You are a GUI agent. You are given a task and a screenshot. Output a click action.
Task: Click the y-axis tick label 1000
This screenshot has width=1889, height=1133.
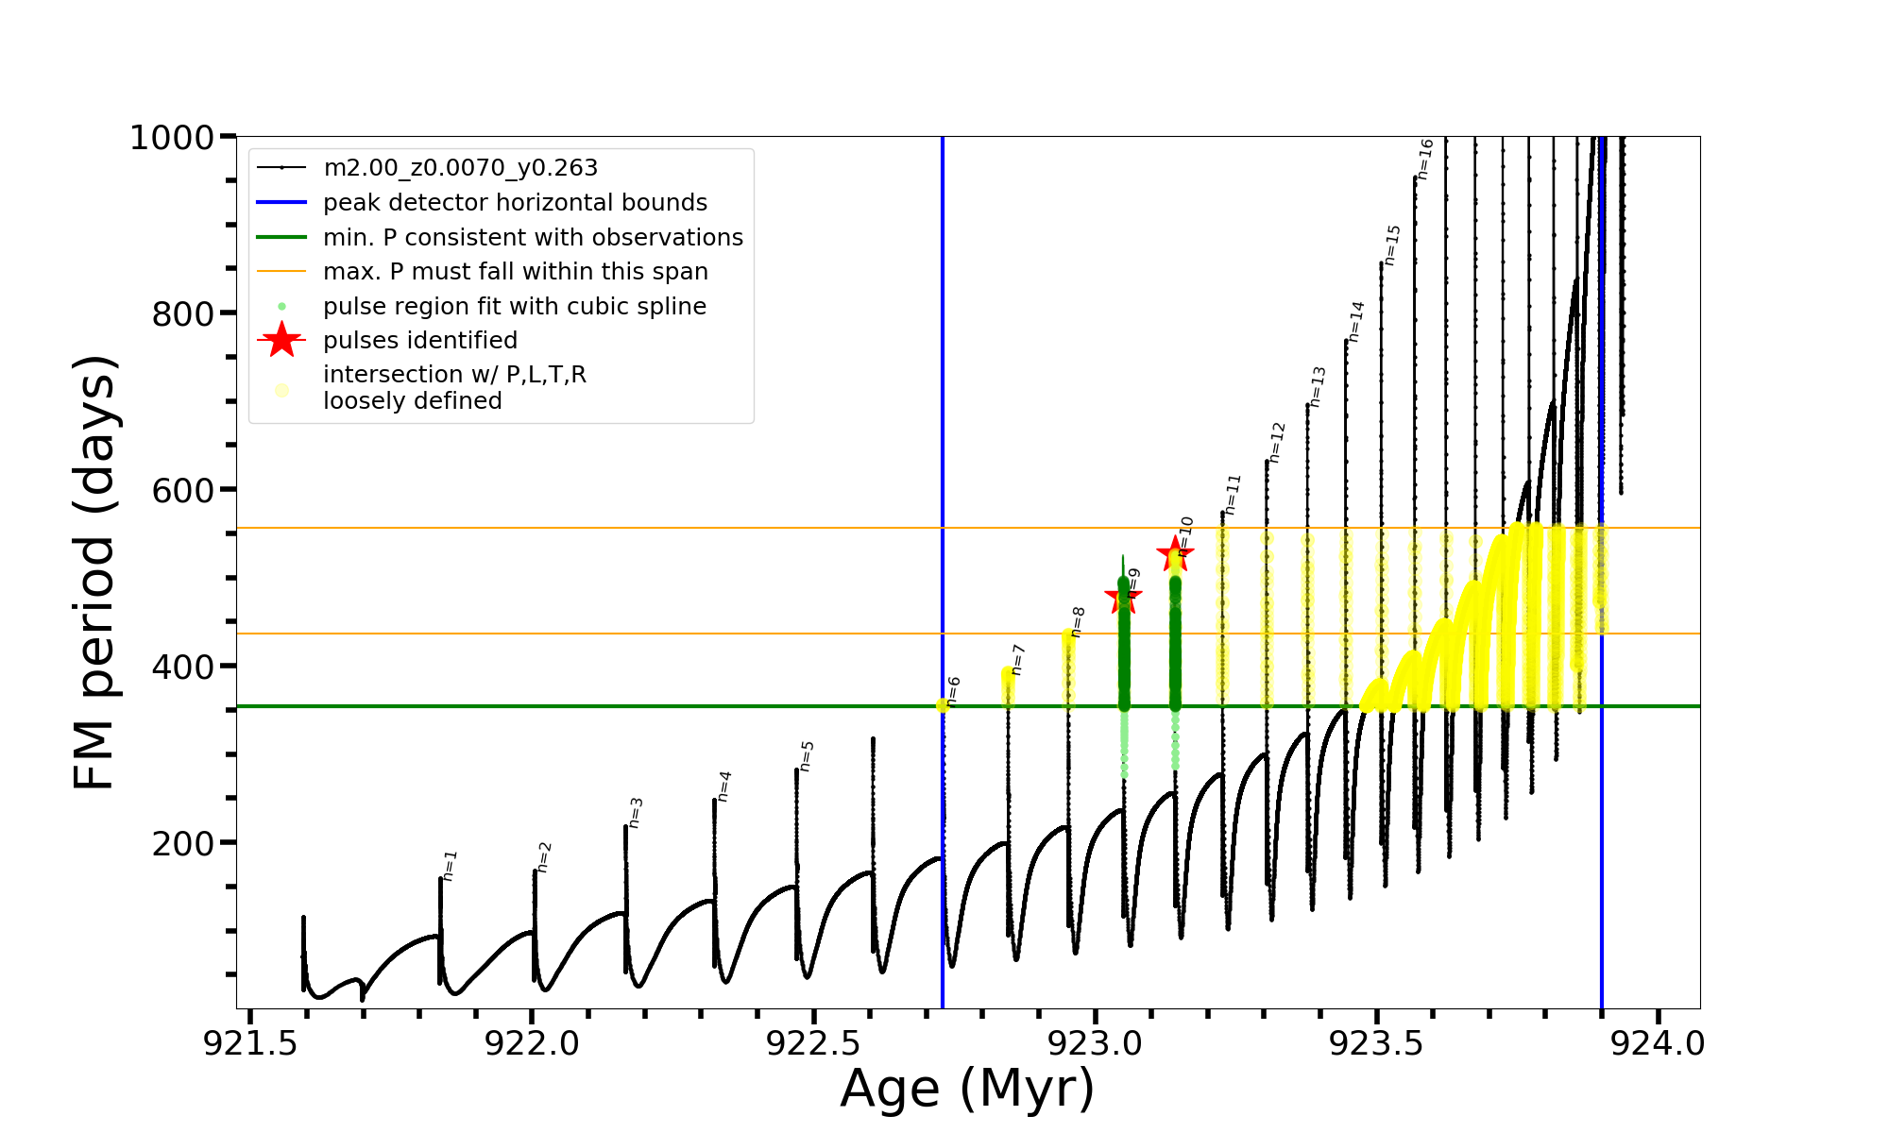point(172,138)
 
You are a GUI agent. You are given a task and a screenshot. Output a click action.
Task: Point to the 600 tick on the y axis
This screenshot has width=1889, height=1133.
point(183,490)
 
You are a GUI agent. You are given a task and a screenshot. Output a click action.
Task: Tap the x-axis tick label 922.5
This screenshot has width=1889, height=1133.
point(813,1043)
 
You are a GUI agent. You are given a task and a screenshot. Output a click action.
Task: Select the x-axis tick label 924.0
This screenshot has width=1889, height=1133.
point(1658,1043)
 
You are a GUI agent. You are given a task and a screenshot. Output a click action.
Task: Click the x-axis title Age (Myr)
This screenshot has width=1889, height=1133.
point(967,1089)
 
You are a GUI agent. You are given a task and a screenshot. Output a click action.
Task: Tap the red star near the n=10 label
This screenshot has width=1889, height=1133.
point(1175,553)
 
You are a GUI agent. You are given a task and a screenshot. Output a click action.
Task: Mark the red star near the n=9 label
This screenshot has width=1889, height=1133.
point(1123,595)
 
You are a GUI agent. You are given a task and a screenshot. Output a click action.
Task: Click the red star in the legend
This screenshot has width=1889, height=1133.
point(281,340)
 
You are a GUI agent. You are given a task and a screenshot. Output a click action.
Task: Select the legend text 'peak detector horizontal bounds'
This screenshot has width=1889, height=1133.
point(515,203)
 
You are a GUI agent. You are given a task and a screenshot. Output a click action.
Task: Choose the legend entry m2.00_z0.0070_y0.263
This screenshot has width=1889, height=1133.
point(460,168)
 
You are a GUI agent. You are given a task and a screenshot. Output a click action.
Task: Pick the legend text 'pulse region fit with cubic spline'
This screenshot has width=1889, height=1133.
point(514,307)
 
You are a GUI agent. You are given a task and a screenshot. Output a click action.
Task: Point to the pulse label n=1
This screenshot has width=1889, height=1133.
point(451,866)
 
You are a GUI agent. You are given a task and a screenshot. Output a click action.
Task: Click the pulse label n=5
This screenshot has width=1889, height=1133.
point(807,756)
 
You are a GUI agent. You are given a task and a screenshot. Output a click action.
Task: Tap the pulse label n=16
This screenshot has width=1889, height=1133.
point(1425,159)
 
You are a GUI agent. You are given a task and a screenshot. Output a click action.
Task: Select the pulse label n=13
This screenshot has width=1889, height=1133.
point(1318,386)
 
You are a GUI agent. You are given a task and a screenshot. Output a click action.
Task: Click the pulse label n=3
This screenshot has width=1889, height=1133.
point(636,813)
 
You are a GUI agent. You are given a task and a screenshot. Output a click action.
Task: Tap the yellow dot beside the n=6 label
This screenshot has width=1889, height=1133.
point(943,705)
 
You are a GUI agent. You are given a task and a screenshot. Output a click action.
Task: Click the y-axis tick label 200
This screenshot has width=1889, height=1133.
point(183,843)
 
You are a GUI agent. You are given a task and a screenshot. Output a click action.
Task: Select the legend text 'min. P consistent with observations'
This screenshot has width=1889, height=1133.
point(533,238)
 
